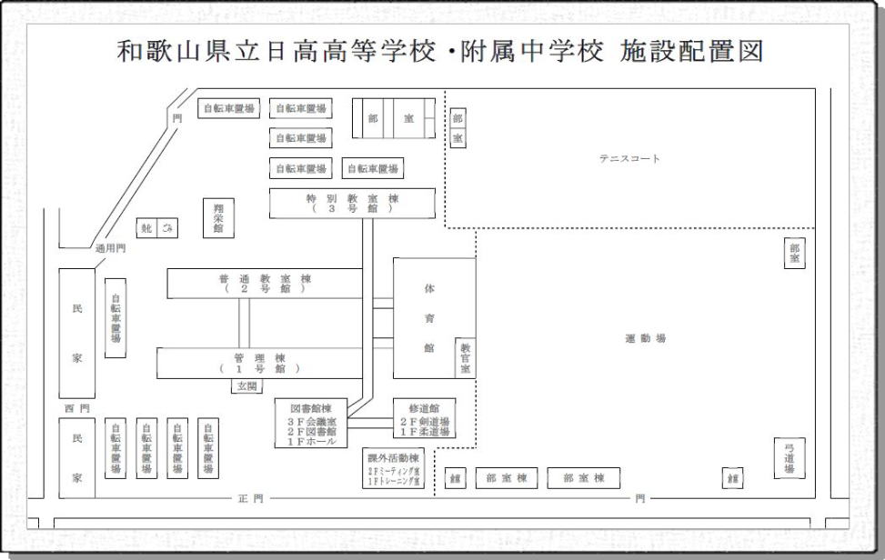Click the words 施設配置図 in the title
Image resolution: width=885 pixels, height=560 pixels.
click(691, 51)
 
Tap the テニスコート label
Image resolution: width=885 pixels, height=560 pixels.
click(629, 158)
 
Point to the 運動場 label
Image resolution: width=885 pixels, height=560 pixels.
click(646, 338)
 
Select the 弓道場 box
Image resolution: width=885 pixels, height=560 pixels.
click(789, 458)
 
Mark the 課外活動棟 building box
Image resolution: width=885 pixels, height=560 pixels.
click(393, 469)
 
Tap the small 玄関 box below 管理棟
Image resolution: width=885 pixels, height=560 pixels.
click(247, 386)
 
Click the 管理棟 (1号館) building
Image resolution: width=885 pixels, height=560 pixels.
click(259, 363)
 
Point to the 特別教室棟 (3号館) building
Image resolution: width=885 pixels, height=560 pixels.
click(352, 203)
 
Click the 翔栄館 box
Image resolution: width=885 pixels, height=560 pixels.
click(218, 218)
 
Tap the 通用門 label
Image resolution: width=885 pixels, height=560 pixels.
click(111, 247)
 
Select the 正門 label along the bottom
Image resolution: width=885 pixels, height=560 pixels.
click(251, 498)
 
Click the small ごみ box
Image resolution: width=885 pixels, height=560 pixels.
click(167, 228)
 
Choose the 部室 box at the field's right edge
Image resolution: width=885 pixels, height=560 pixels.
click(794, 254)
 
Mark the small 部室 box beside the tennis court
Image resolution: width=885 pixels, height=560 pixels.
click(458, 129)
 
